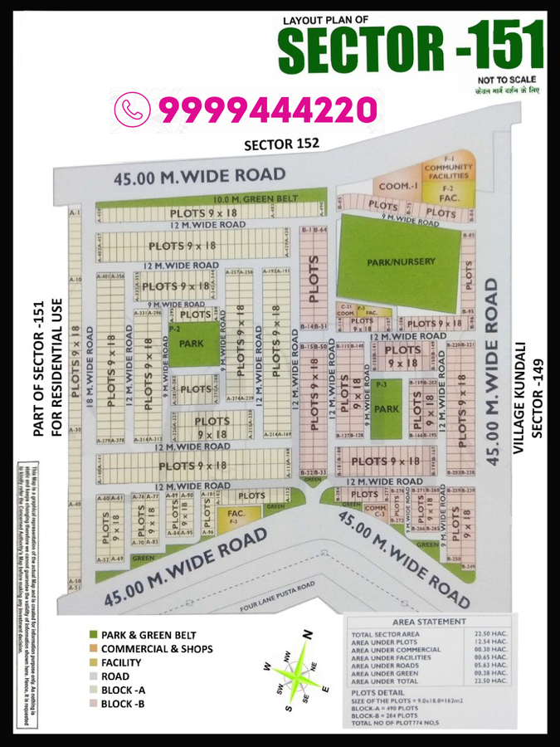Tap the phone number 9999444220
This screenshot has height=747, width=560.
coord(267,109)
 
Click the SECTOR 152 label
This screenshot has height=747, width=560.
coord(281,144)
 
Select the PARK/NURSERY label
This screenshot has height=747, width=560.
coord(401,261)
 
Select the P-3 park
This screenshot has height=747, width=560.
coord(386,408)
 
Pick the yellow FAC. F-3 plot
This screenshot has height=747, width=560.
coord(233,517)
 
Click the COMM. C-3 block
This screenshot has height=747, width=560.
coord(375,511)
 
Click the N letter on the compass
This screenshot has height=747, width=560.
coord(307,636)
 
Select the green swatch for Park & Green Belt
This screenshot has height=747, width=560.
coord(93,634)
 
